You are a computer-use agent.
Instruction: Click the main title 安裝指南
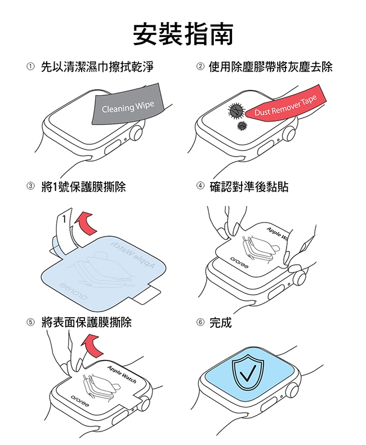183,34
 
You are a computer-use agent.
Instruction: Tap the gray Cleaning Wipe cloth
128,104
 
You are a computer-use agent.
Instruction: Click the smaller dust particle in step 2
242,125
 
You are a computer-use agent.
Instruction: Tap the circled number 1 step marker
30,66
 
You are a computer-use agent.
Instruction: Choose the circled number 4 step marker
200,186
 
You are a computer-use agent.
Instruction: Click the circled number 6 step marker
200,322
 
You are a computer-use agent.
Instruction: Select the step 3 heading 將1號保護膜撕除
83,186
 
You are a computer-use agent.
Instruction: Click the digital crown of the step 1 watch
136,133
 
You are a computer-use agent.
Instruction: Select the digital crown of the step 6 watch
292,390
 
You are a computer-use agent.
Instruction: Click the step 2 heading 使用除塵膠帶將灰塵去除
271,67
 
